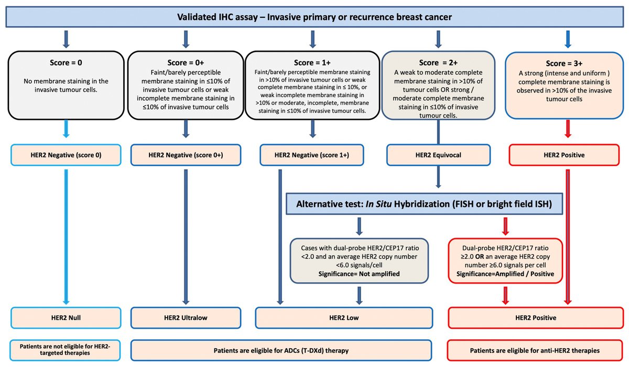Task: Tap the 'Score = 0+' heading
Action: click(x=185, y=62)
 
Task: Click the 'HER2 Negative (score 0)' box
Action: click(x=66, y=155)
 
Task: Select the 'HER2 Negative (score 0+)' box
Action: click(x=185, y=155)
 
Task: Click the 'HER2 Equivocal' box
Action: click(x=438, y=155)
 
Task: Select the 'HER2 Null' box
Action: click(x=66, y=318)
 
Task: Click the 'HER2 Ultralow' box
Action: click(x=185, y=318)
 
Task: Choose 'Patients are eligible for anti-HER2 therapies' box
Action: click(x=535, y=350)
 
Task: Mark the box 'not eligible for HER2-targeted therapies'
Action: click(x=66, y=350)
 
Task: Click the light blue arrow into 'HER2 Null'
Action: click(x=66, y=236)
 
